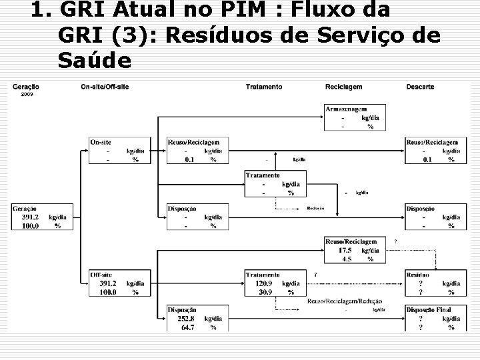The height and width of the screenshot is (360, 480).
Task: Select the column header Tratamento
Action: click(x=263, y=87)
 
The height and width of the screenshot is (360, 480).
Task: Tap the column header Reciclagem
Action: click(x=343, y=87)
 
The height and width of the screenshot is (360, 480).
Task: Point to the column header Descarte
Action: click(x=420, y=87)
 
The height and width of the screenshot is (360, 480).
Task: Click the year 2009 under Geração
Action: click(x=26, y=94)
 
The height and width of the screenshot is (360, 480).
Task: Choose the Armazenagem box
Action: click(x=346, y=109)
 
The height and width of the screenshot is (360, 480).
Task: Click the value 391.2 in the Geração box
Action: click(x=30, y=217)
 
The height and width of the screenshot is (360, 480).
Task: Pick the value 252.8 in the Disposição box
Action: click(x=187, y=319)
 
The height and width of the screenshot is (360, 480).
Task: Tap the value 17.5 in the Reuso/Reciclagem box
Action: click(x=346, y=250)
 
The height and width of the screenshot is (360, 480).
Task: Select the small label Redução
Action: click(x=315, y=209)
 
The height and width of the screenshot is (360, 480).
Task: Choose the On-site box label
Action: click(x=101, y=142)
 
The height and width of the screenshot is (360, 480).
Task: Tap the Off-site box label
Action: click(x=102, y=275)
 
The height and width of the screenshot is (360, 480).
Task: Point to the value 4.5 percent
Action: click(x=347, y=259)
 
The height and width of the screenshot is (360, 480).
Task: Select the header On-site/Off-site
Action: click(x=105, y=87)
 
